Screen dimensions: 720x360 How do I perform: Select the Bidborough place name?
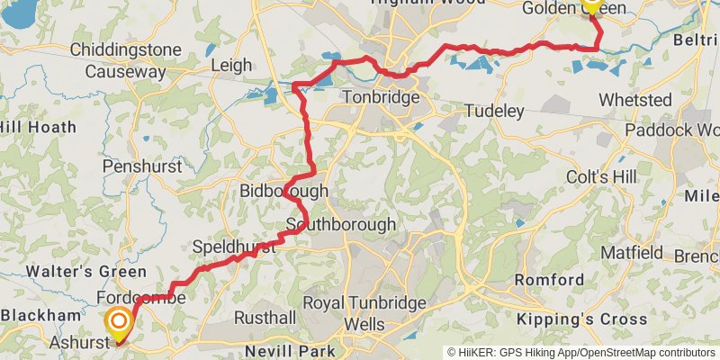[x=283, y=192]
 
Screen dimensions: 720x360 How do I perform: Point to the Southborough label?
[x=341, y=224]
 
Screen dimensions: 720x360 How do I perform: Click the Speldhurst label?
[x=233, y=247]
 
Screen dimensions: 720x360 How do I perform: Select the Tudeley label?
[x=494, y=111]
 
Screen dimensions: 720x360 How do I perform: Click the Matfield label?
[x=632, y=253]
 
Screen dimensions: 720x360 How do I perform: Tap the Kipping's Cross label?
[x=587, y=319]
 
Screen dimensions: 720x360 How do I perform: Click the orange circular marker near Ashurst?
[x=118, y=321]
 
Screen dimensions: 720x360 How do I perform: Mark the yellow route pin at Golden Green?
[x=591, y=4]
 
